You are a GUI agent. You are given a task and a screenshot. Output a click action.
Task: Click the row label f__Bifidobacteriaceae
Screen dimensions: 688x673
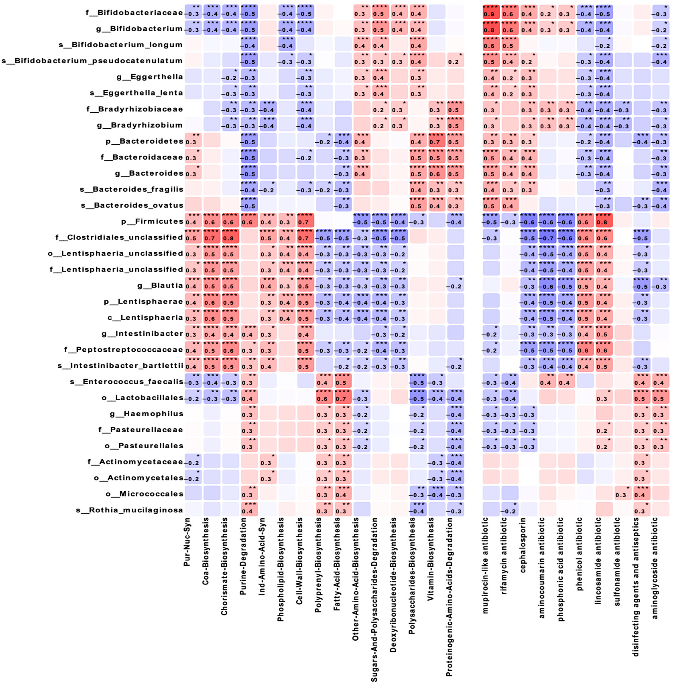135,13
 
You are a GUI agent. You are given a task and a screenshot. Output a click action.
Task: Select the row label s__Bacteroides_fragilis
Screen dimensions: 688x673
131,189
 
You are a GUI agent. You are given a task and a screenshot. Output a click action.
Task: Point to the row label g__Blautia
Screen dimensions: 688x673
160,285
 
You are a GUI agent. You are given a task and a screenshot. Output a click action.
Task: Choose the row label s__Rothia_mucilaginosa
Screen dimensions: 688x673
129,510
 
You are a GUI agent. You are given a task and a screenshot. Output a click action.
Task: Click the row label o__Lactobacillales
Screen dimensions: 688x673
142,398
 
